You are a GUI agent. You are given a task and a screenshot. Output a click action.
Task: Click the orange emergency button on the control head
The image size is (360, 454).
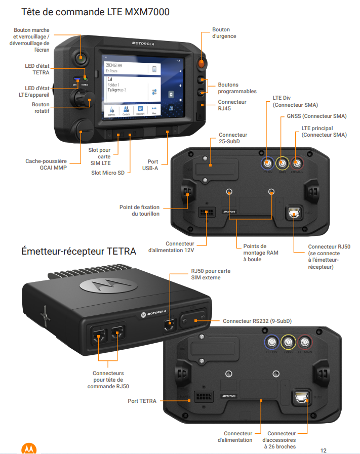pos(202,64)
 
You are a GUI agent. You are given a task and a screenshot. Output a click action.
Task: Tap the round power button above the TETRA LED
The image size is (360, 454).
pos(81,57)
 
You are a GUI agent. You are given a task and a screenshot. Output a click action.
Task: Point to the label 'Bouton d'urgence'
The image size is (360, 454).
pos(224,33)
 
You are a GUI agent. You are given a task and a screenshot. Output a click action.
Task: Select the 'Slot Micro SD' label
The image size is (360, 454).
pos(108,173)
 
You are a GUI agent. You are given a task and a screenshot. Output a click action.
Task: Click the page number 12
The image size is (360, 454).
pos(323,449)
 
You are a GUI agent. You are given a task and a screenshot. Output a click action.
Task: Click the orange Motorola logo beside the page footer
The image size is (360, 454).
pos(28,448)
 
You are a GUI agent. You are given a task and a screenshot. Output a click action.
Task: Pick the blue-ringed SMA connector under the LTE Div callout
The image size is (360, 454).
pos(267,163)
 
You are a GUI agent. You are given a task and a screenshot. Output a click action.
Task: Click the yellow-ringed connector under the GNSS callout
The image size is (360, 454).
pos(282,163)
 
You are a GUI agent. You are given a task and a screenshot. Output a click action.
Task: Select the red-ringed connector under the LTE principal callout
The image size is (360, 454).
pos(297,163)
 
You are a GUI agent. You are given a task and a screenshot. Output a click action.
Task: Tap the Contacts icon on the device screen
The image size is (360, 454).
pos(126,110)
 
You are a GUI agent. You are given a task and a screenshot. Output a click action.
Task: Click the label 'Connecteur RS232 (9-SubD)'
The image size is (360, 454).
pos(257,321)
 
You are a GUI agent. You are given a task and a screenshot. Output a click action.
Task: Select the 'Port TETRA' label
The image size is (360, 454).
pos(142,401)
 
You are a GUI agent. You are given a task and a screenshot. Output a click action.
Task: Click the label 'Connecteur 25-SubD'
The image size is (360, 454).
pos(233,138)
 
